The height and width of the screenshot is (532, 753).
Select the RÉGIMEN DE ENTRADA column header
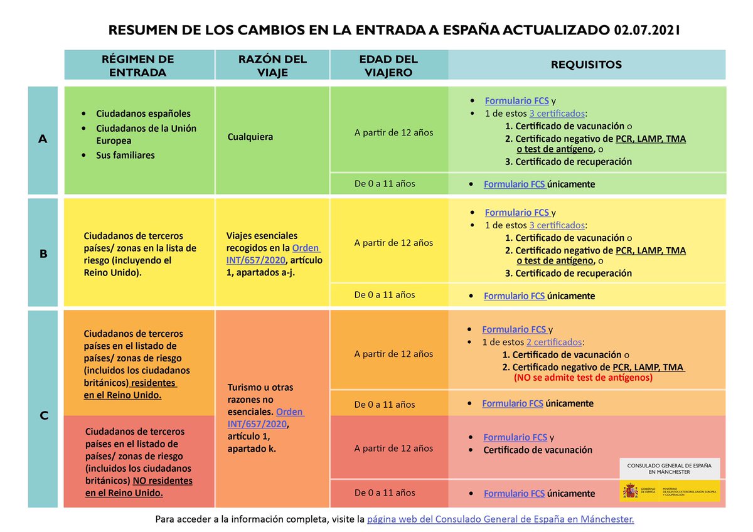tap(137, 65)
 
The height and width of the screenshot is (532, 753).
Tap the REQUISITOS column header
tap(586, 65)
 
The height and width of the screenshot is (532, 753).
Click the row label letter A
tap(43, 139)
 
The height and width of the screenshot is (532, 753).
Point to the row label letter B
tap(43, 254)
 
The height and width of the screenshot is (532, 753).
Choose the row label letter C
tap(44, 415)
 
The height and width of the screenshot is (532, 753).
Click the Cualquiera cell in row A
tap(250, 136)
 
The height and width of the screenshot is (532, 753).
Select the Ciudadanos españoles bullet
tap(143, 114)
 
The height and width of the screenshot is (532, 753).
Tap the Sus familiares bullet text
tap(125, 155)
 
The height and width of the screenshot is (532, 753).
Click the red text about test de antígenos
tap(583, 378)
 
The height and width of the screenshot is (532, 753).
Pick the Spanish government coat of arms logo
tap(629, 491)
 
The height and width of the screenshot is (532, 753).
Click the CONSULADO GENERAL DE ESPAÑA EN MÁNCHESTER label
tap(669, 467)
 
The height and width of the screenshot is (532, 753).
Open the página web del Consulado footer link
tap(500, 519)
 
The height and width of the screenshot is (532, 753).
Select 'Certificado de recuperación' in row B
tap(573, 273)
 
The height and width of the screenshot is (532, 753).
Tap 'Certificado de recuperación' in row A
tap(573, 161)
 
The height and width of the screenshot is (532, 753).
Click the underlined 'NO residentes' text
tap(163, 481)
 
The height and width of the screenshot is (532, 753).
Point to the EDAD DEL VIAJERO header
tap(388, 65)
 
